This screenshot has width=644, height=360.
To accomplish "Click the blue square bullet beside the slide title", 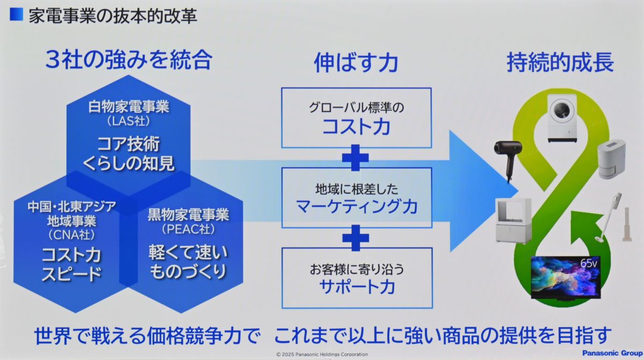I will pyautogui.click(x=16, y=14).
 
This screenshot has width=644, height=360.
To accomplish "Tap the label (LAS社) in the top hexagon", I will pyautogui.click(x=129, y=122).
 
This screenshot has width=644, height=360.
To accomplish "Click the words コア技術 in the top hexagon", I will pyautogui.click(x=129, y=144).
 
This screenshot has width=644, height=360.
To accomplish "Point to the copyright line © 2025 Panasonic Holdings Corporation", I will pyautogui.click(x=322, y=354).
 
